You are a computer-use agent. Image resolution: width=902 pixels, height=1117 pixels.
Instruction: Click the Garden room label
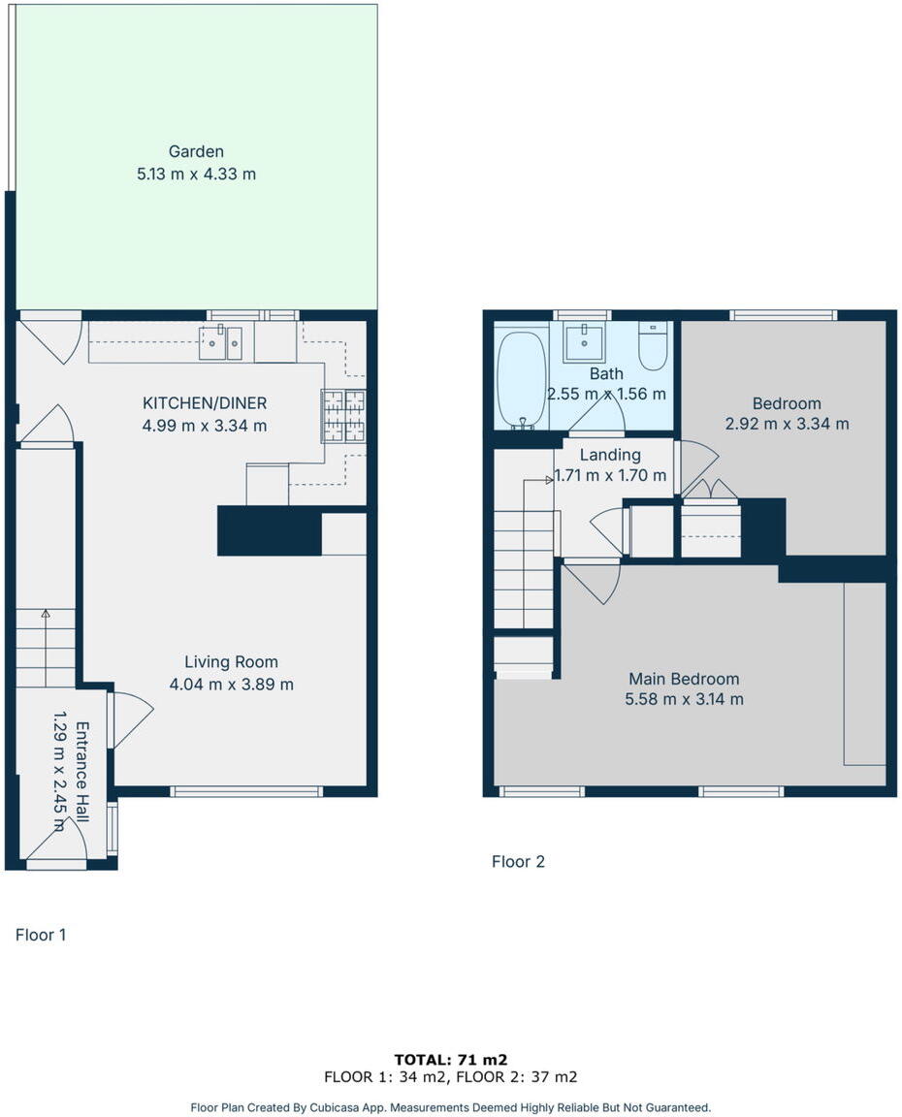196,151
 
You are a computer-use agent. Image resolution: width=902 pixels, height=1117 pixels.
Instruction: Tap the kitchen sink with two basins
220,343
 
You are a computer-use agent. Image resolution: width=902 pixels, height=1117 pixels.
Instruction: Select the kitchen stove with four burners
343,416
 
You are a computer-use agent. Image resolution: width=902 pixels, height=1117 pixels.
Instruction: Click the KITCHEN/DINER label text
205,403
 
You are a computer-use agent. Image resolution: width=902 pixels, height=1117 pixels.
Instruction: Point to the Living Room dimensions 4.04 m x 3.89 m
232,684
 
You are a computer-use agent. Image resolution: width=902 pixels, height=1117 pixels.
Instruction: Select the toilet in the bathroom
654,348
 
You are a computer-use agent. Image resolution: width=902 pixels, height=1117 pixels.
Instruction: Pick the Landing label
610,455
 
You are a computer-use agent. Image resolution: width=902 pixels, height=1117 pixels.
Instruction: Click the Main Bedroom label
684,679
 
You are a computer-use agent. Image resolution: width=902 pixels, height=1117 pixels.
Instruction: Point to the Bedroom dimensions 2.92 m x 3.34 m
787,424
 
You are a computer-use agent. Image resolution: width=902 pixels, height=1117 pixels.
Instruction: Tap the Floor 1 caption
41,935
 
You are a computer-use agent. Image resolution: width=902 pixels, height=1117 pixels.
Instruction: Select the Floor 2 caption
518,861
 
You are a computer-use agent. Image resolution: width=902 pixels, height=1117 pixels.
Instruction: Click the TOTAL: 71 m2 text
451,1060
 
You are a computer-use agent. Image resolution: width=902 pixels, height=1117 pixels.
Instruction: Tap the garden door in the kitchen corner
52,338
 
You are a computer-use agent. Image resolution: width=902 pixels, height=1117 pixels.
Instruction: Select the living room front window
246,791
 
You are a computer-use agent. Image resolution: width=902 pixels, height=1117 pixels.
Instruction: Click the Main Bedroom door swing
591,581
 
